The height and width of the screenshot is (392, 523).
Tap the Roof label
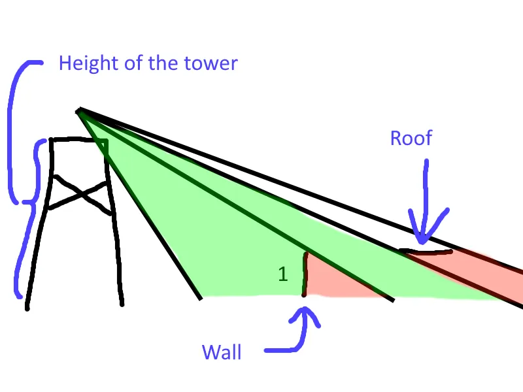point(411,138)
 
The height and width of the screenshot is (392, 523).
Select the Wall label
point(222,353)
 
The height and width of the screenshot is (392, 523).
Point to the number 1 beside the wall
point(282,274)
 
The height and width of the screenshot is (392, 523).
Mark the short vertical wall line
point(305,274)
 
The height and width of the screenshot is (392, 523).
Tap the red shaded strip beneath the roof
point(484,268)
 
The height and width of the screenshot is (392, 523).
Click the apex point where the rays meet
point(78,110)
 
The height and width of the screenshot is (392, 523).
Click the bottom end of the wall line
point(304,295)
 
